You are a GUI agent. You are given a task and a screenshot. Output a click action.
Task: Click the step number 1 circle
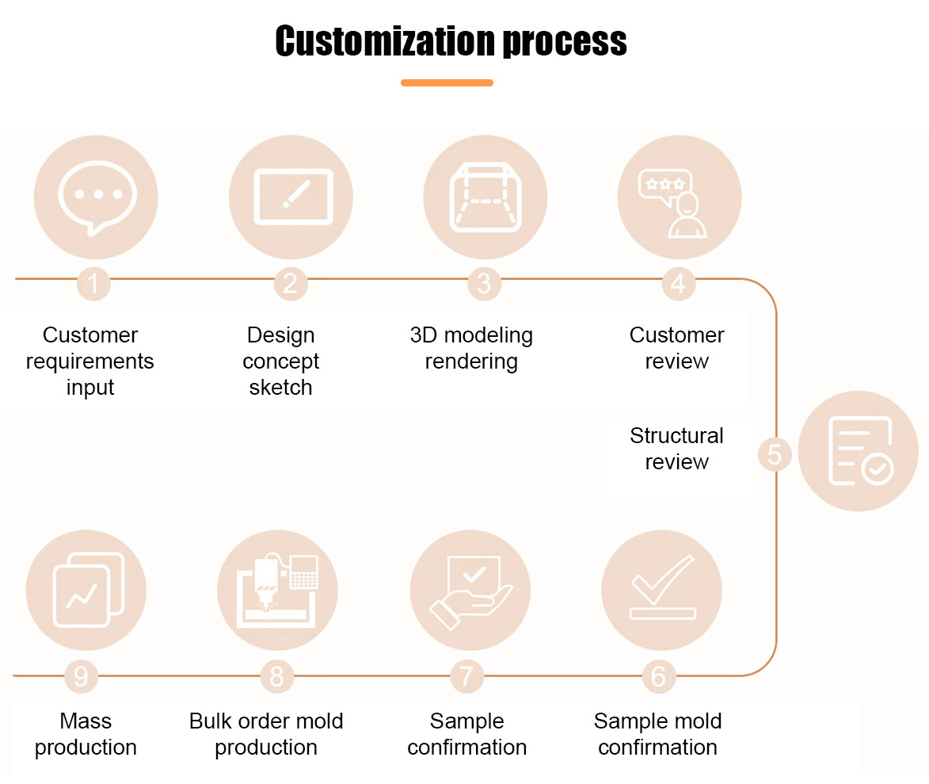coord(93,284)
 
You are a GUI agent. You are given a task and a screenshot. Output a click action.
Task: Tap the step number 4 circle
coord(679,284)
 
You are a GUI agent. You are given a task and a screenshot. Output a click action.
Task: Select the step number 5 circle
coord(775,455)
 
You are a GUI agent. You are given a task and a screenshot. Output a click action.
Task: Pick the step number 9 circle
coord(81,676)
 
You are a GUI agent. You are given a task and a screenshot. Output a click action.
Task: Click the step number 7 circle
coord(466,676)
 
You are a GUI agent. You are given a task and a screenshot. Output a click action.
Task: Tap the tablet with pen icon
coord(293,197)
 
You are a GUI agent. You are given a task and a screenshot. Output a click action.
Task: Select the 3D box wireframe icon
coord(485,197)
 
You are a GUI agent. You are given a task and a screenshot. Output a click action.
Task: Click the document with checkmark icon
coord(861,451)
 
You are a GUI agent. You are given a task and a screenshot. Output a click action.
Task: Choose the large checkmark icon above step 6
coord(662,587)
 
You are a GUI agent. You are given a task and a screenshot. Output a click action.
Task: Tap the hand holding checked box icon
coord(471,592)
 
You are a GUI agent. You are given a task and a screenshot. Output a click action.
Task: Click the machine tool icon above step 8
coord(277,591)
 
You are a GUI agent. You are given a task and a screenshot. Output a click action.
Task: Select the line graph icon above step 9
coord(89,590)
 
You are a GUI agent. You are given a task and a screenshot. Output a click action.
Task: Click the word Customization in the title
coord(385,41)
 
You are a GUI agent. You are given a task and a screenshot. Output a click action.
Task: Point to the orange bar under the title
coord(447,83)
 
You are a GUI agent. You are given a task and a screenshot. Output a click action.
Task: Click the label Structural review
coord(676,449)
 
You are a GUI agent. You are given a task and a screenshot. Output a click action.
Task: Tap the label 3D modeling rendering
coord(471,349)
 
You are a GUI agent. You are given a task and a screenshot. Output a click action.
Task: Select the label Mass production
coord(86,734)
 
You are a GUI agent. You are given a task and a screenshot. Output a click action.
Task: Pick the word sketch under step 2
coord(281,388)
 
